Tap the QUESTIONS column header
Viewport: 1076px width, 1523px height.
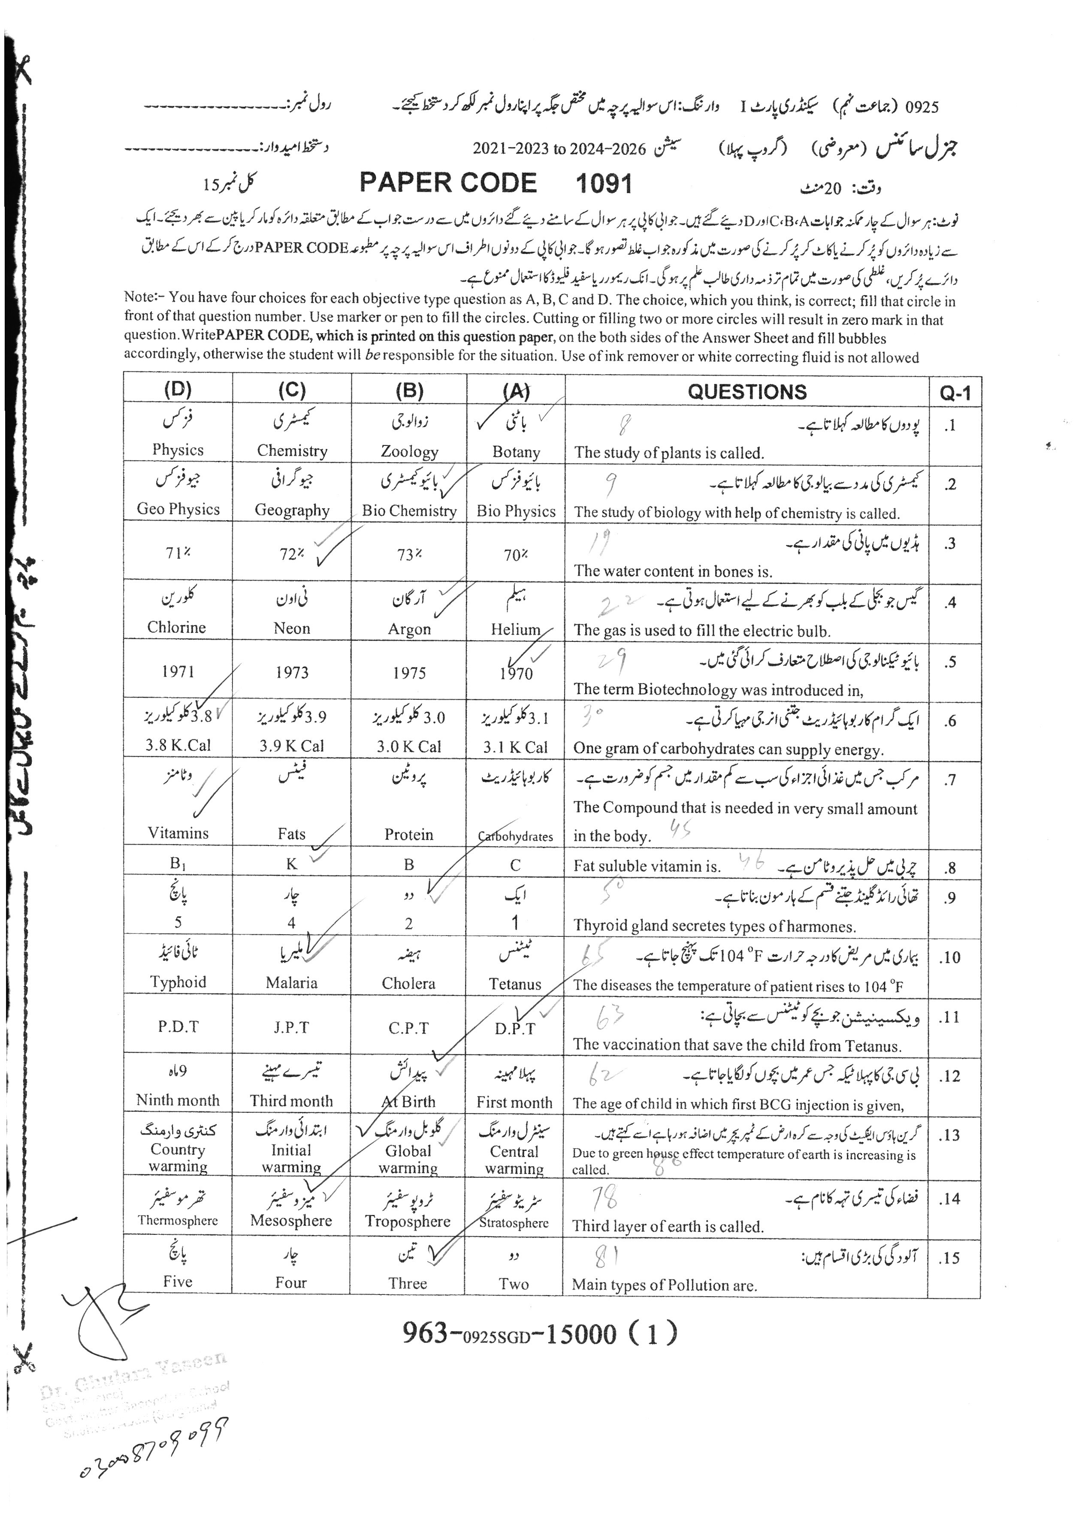[747, 391]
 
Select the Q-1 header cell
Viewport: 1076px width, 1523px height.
[955, 393]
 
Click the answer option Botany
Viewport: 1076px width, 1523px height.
[516, 452]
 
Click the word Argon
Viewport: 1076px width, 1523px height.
[409, 629]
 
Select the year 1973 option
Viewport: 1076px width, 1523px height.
[292, 673]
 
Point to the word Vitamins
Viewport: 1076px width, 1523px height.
[178, 833]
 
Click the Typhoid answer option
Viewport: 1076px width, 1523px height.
[178, 982]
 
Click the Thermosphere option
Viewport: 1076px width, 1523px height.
[178, 1221]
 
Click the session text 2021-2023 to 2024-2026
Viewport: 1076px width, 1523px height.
[559, 149]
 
